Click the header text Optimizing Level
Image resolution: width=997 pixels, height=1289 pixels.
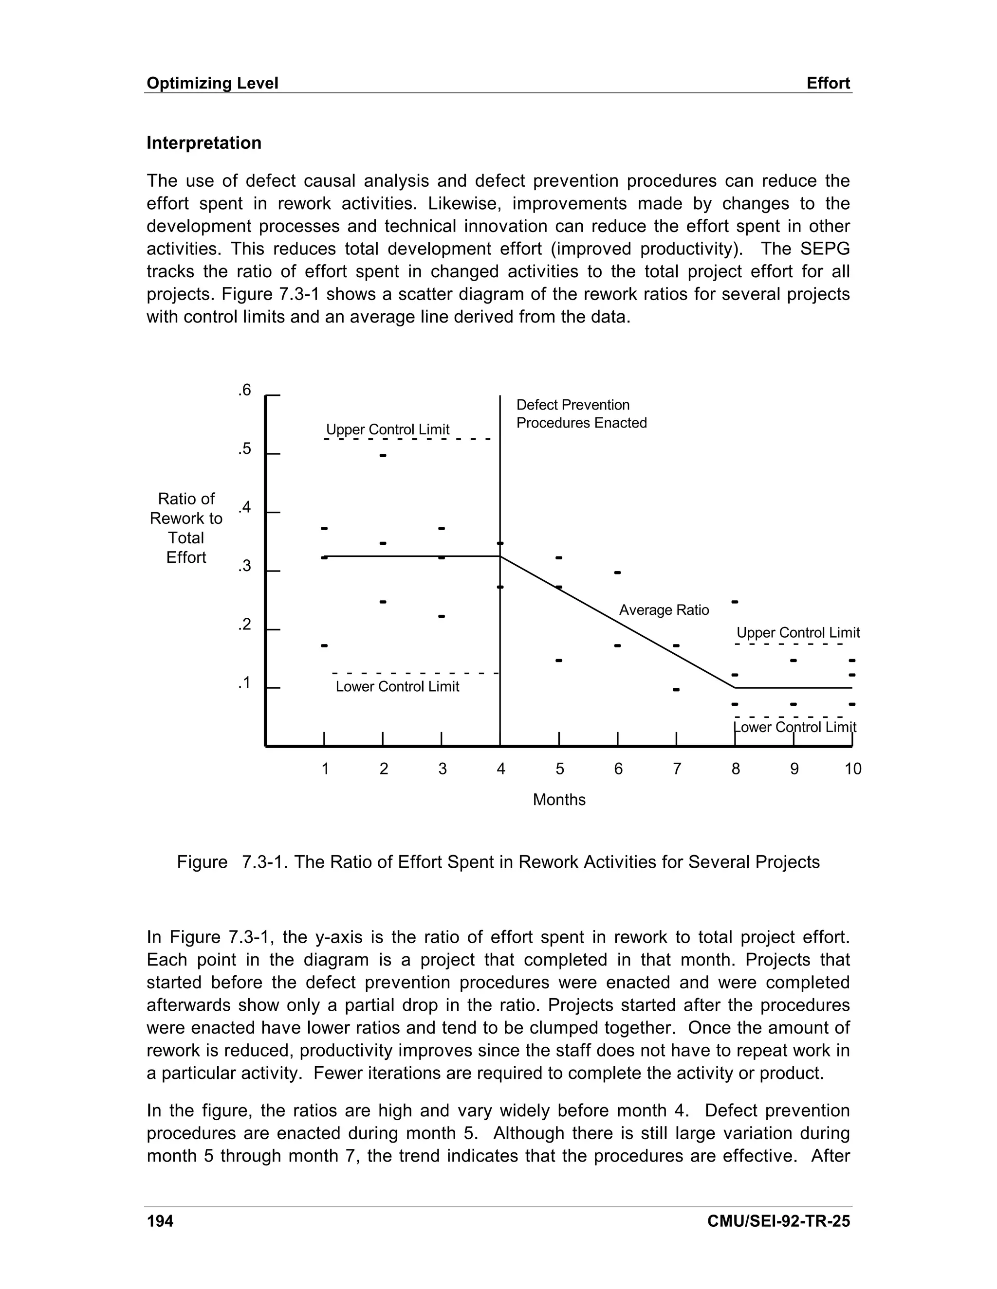(x=212, y=83)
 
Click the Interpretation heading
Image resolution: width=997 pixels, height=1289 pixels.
(x=204, y=143)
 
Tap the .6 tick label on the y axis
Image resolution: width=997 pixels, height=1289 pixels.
(x=244, y=390)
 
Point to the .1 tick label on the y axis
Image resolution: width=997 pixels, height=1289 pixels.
(x=244, y=683)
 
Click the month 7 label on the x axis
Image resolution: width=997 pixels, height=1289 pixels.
(x=677, y=769)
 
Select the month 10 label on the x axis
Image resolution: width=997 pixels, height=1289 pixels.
(x=853, y=769)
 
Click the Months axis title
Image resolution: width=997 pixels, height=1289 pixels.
(x=559, y=800)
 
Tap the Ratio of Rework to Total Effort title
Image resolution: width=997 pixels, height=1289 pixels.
(x=186, y=528)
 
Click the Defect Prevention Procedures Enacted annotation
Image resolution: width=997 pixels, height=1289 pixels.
(x=581, y=414)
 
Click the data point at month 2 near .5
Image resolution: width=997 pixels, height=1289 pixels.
(x=383, y=456)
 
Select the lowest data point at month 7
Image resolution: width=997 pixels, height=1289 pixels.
(x=676, y=689)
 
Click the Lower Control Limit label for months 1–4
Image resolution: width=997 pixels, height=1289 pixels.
(x=397, y=686)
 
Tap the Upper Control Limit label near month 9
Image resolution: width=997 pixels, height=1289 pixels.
(x=797, y=633)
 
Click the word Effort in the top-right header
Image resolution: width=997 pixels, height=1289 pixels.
(x=828, y=83)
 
